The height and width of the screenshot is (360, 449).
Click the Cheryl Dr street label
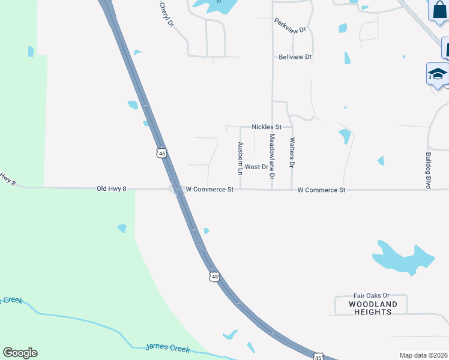[166, 15]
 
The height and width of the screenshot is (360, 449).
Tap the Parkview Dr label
[291, 25]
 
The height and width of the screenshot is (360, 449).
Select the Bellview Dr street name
[295, 57]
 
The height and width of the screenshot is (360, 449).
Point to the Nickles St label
[267, 127]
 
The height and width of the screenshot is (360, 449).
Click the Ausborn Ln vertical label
[241, 158]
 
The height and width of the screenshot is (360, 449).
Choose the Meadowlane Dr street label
[272, 156]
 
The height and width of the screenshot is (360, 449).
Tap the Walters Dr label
[292, 152]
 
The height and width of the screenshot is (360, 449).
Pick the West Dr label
[256, 167]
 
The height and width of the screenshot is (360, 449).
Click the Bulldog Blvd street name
[429, 171]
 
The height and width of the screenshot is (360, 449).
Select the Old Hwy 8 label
[112, 188]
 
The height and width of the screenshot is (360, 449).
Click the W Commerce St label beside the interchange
[209, 190]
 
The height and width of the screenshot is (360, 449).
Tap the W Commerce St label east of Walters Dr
[322, 190]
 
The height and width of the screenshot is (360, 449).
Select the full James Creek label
[167, 349]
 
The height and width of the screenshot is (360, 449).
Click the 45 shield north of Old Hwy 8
[160, 154]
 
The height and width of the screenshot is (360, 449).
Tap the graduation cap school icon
[438, 74]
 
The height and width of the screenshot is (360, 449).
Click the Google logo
[20, 353]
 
